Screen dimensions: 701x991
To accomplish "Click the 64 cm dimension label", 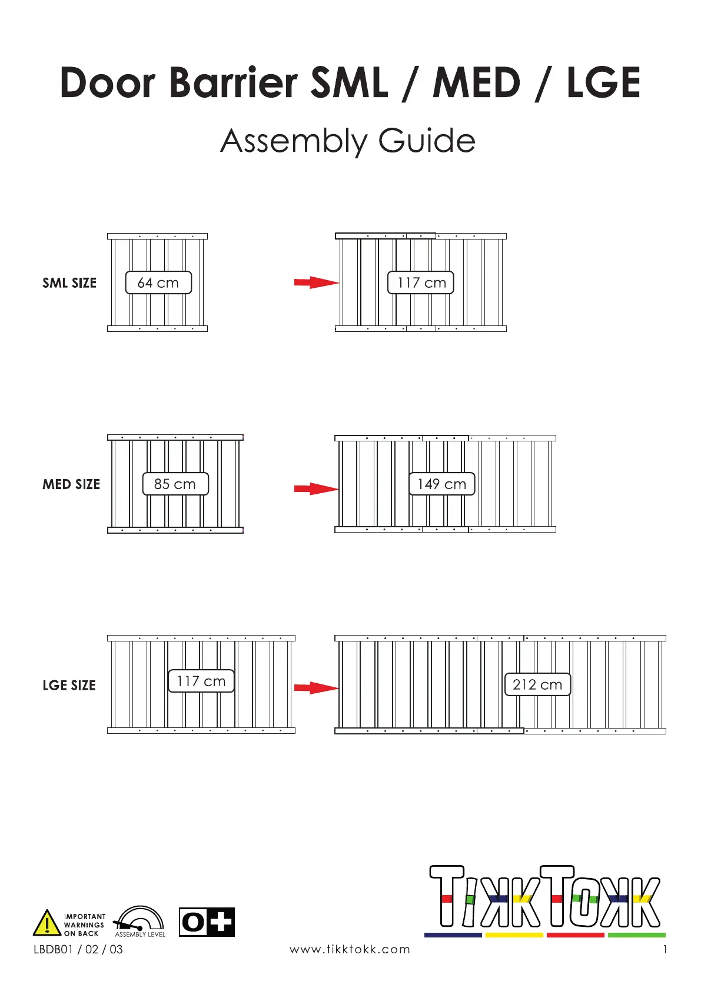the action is [x=158, y=282].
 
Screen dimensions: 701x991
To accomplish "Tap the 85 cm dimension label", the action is [x=175, y=484].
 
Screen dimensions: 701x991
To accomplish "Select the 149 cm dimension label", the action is [x=441, y=484].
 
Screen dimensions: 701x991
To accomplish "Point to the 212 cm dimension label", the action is [x=537, y=684].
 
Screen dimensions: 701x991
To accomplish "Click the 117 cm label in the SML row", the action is [x=421, y=282].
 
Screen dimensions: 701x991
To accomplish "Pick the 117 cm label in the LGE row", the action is [x=201, y=681].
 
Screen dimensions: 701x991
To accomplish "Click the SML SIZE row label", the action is [x=69, y=283].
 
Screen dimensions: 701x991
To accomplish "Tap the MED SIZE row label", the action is [x=71, y=484].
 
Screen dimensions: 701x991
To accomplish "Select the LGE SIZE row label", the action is [x=69, y=686].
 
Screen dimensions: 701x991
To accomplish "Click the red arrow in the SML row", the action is [x=316, y=282].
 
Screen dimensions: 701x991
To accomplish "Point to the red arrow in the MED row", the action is [x=316, y=488].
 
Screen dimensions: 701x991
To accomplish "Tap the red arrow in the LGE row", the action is [x=316, y=687].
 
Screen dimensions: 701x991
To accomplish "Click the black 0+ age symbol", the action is [x=207, y=922].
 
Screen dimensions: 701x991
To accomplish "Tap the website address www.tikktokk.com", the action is [x=350, y=949].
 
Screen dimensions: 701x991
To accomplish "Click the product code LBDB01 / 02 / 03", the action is [x=78, y=949].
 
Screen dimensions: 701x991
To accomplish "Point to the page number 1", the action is [x=665, y=949].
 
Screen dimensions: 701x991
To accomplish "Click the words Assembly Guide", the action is [x=348, y=141].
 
